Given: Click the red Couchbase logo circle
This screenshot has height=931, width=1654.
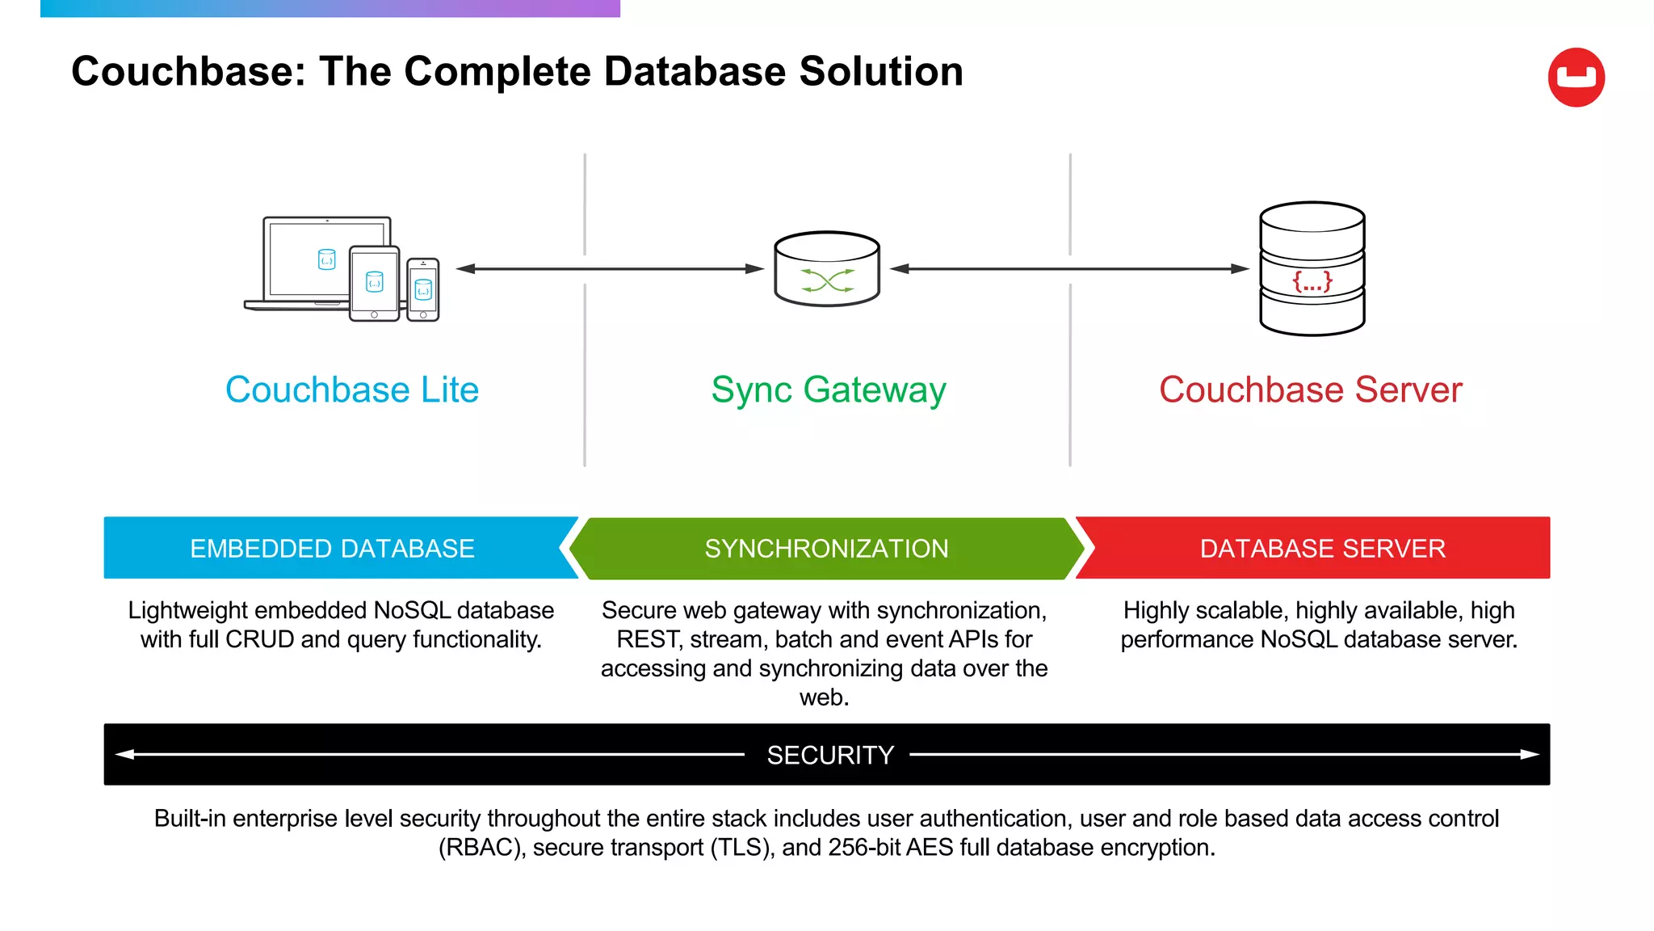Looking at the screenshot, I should (x=1576, y=77).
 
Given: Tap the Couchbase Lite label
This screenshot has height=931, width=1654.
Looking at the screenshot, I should (x=352, y=390).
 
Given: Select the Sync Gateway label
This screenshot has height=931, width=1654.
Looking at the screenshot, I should (x=828, y=390).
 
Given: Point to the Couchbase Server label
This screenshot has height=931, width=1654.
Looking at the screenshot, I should (x=1310, y=390).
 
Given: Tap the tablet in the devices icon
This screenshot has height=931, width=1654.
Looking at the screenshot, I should (x=374, y=282).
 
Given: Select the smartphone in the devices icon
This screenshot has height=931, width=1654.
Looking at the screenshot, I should (x=423, y=289).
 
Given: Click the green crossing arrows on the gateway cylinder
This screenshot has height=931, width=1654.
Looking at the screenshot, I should (x=827, y=280).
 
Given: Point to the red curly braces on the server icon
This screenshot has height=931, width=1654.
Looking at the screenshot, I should (x=1312, y=281).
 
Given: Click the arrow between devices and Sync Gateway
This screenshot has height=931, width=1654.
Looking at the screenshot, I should (x=610, y=268).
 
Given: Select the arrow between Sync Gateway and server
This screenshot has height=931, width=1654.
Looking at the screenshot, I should (x=1069, y=268).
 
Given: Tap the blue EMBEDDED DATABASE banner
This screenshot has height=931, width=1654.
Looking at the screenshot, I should (x=333, y=548).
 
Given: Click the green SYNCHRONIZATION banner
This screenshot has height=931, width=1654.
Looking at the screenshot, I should (x=826, y=548).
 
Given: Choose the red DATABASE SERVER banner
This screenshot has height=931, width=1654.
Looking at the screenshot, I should (x=1322, y=548).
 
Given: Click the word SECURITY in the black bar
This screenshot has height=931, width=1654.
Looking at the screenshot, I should (x=830, y=755).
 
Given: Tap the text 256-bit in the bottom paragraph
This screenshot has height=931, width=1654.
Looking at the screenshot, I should (x=863, y=847).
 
